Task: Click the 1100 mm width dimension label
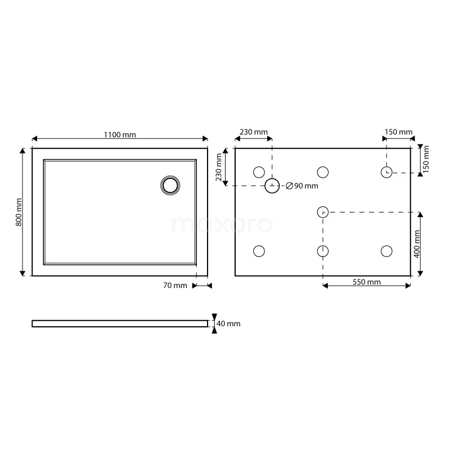point(120,134)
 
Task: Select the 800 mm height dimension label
point(19,212)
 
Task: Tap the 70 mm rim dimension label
point(175,285)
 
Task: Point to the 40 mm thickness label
point(228,323)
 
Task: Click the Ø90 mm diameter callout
point(302,186)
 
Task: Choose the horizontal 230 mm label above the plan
point(254,132)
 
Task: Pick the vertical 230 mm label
point(219,167)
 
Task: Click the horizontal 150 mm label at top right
point(399,132)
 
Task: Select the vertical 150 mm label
point(426,159)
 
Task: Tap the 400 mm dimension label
point(417,244)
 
